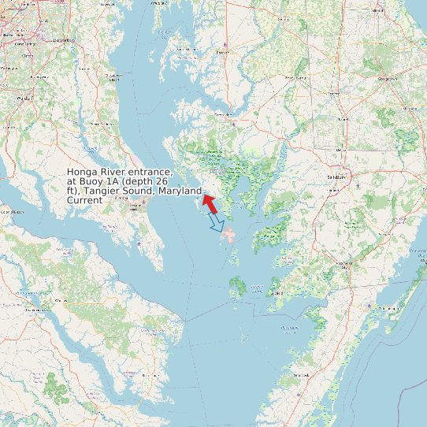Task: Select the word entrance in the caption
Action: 152,172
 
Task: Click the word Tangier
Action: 101,191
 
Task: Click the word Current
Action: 84,200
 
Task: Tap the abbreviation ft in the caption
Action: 72,191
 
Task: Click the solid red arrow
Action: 209,202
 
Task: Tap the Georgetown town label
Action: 388,79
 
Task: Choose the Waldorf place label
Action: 24,98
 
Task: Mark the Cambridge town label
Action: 223,115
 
